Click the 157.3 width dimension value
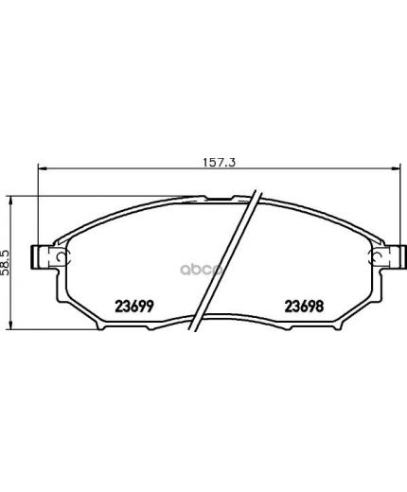(x=219, y=162)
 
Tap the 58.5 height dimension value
(x=6, y=263)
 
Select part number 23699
(x=134, y=306)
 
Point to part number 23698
(x=304, y=306)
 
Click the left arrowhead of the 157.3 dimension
(x=43, y=168)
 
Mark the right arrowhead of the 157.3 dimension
(x=396, y=168)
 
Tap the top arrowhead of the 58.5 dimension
(x=11, y=200)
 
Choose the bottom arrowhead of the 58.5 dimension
(x=11, y=325)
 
